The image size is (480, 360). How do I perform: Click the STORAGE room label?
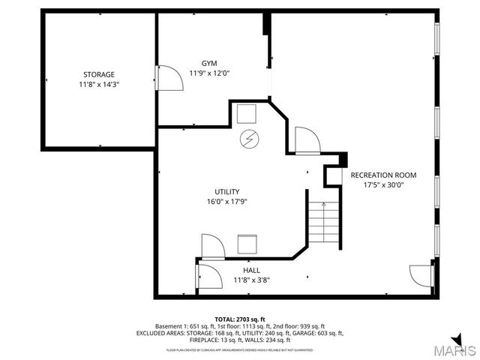tap(98, 74)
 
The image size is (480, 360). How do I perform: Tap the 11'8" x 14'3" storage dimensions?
tap(98, 85)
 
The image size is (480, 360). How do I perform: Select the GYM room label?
tap(209, 63)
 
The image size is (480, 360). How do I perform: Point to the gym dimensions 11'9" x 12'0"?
tap(209, 73)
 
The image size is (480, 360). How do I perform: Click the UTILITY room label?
tap(226, 191)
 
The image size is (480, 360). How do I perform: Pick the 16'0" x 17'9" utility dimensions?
tap(226, 202)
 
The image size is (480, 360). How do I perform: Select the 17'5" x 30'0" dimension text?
tap(383, 184)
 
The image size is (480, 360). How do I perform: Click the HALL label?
tap(251, 269)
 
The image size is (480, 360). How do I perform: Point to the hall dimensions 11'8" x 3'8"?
tap(251, 280)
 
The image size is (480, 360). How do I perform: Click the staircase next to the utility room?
tap(324, 221)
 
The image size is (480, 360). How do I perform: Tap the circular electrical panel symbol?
tap(247, 139)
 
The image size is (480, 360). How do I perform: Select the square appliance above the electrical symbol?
tap(246, 114)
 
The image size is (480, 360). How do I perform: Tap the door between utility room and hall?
tap(211, 247)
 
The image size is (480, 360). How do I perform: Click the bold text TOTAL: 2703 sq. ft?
tap(240, 319)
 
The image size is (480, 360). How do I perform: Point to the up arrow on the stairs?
tap(324, 205)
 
